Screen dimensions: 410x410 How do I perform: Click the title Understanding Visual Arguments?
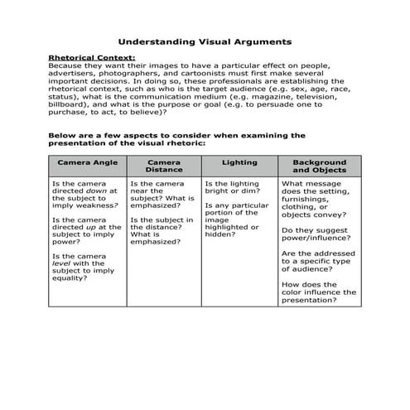(x=205, y=39)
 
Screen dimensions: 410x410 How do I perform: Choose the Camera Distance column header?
(x=164, y=166)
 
